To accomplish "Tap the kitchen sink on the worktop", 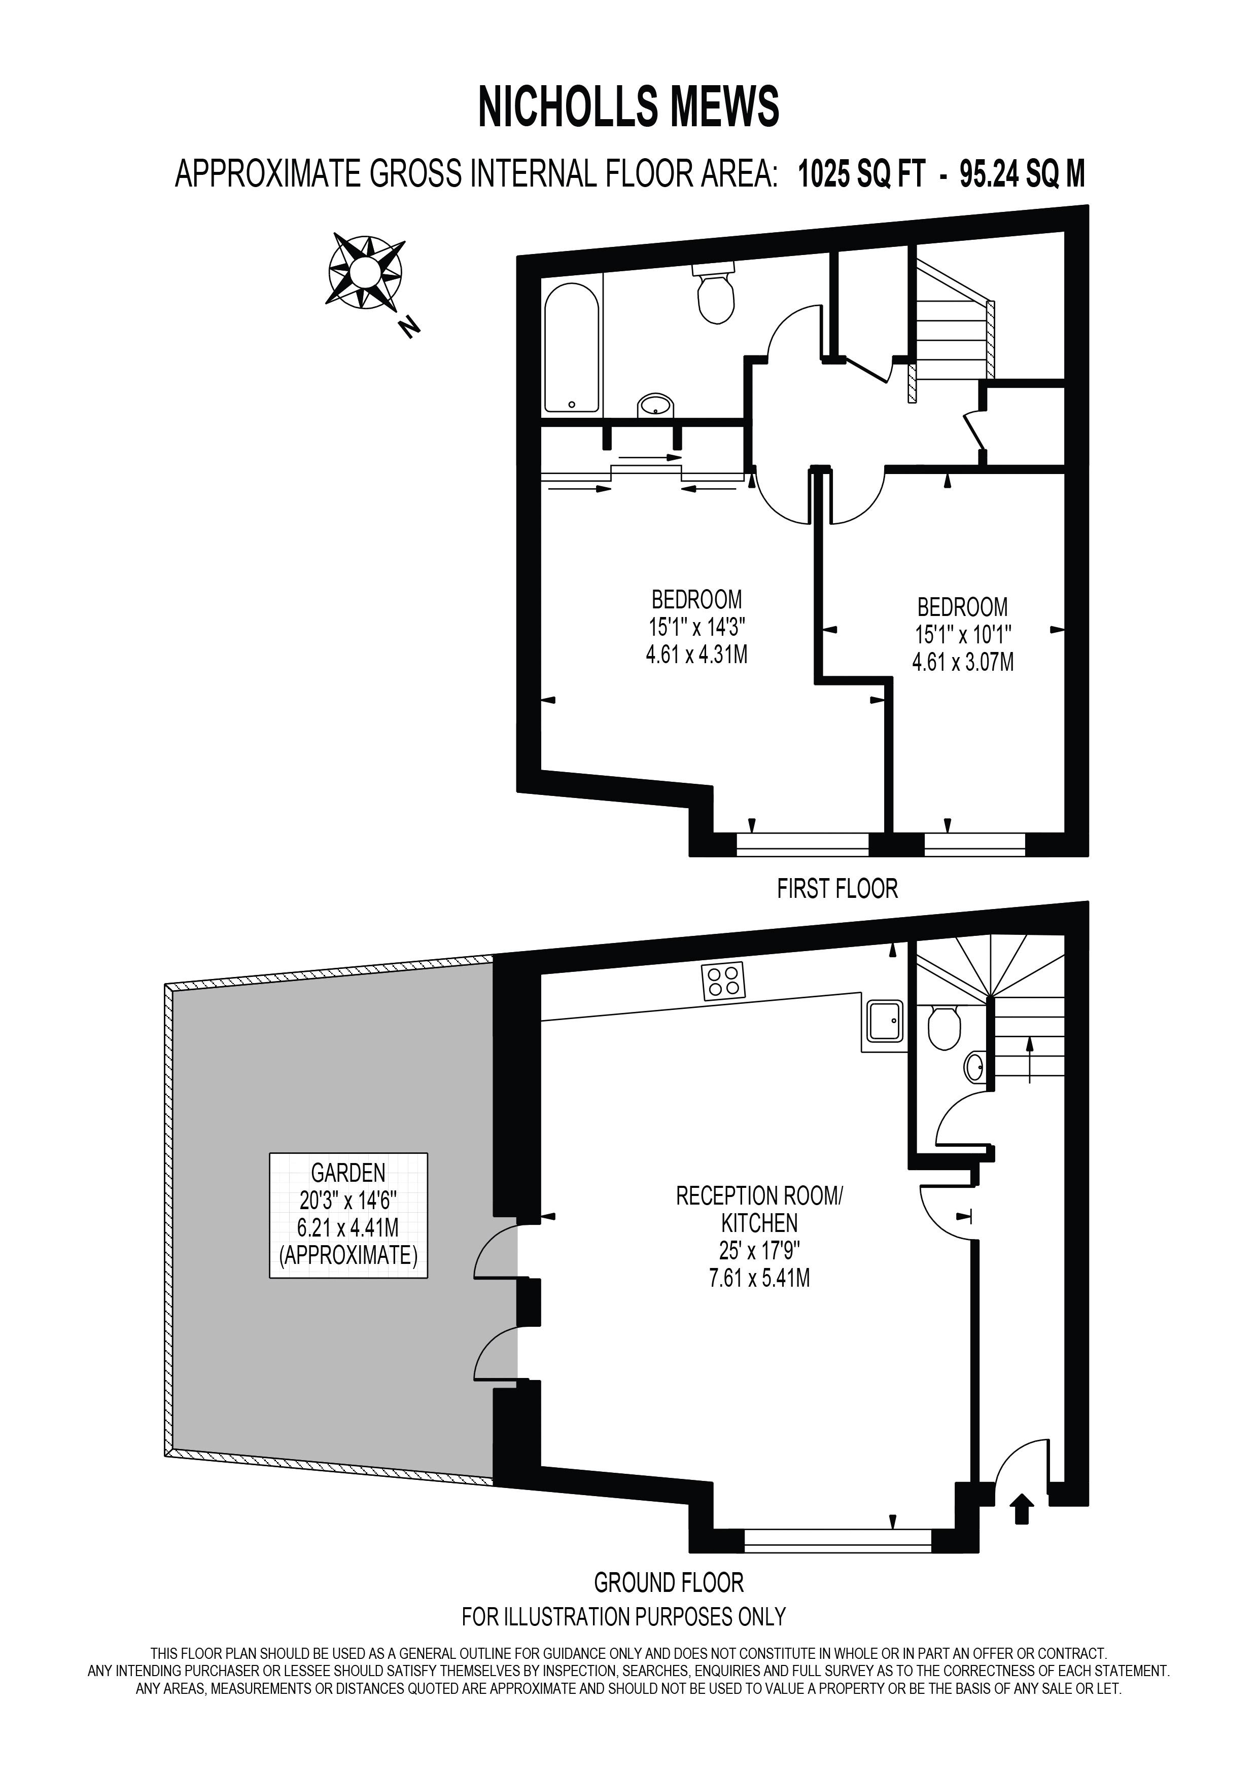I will [x=884, y=1021].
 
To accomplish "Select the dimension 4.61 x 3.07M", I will [x=963, y=662].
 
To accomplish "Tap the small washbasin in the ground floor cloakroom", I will [x=975, y=1069].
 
